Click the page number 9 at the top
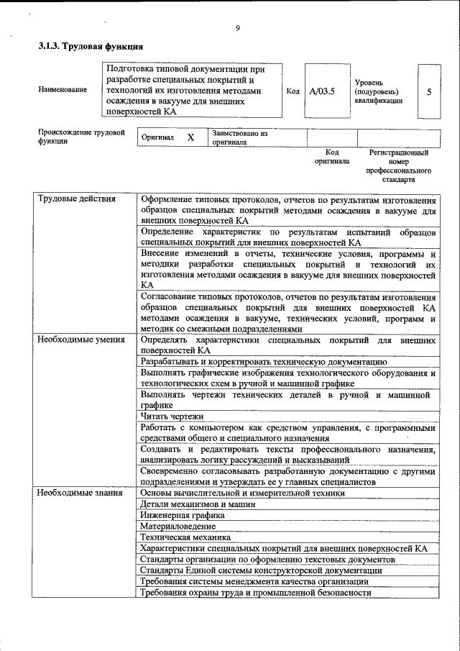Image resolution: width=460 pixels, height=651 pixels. tap(236, 28)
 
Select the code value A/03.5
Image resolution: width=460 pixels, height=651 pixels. tap(322, 92)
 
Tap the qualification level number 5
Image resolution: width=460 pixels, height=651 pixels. tap(429, 92)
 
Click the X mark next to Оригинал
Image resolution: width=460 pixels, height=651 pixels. tap(190, 137)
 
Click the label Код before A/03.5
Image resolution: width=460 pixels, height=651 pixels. tap(293, 92)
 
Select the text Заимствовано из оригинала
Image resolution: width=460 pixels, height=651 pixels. tap(239, 137)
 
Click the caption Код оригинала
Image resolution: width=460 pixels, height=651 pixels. tap(331, 157)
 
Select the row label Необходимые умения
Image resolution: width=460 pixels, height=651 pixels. tap(81, 339)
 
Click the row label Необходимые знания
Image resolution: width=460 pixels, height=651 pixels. tap(80, 493)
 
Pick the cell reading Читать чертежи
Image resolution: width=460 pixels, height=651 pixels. tap(172, 416)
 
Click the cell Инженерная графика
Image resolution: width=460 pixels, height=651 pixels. tap(183, 515)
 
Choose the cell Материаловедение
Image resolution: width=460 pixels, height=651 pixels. tap(178, 526)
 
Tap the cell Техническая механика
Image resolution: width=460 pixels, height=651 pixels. tap(185, 537)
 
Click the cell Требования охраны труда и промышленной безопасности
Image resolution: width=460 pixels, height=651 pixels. tap(256, 593)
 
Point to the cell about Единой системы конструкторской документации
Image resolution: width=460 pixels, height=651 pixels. tap(261, 570)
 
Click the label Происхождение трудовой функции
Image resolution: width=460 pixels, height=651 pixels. tap(81, 137)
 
